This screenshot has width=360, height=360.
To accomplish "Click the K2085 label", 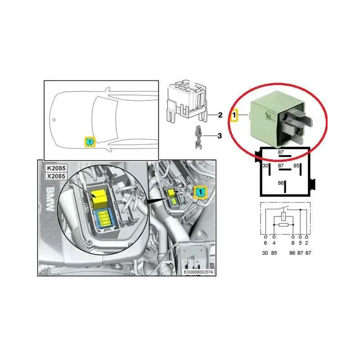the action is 56,168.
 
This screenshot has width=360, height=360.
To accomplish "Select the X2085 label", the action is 56,176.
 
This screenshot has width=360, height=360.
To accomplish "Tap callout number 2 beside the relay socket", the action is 220,115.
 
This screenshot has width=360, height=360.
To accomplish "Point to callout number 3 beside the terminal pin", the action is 220,136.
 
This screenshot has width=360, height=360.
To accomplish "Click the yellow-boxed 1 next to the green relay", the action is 234,115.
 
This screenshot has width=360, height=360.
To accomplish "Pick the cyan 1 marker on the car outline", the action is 90,142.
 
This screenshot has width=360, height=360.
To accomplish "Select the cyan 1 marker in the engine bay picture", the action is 201,192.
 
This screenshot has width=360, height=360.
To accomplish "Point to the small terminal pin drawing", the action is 198,137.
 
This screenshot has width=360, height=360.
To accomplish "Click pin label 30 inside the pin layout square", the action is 265,166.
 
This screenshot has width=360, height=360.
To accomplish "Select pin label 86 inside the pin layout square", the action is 281,183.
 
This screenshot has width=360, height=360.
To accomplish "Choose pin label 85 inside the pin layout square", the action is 297,166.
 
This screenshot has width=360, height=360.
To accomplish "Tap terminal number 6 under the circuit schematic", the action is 265,243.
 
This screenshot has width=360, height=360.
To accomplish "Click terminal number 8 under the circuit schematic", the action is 293,243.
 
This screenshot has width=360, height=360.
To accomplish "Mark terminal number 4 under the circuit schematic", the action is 274,243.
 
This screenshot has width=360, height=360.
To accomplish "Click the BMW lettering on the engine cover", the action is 50,199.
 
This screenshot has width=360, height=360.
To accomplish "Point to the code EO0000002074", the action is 198,272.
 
